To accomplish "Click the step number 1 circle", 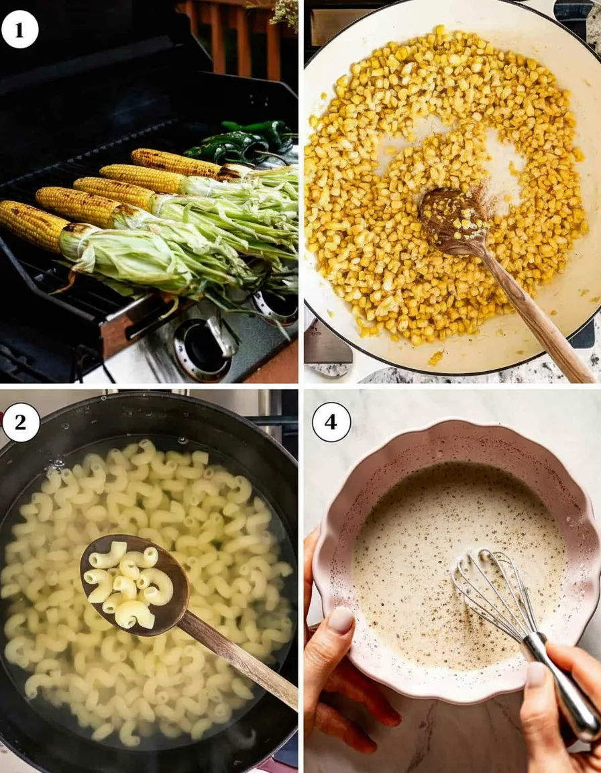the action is pos(19,29).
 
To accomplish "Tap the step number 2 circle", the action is pos(21,423).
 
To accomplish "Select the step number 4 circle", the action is pos(331,422).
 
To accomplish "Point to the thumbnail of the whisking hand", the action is pos(535,674).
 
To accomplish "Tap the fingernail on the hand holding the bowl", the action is pos(340,620).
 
